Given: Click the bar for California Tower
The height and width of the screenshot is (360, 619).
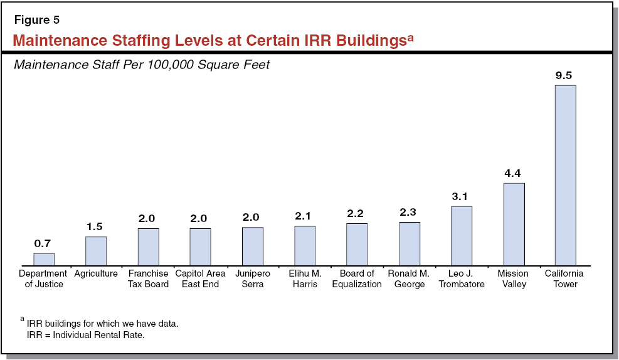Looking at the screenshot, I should point(565,175).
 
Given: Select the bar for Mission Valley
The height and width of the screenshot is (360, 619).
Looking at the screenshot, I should point(514,224).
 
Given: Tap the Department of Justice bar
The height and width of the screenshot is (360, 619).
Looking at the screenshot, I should point(44,259).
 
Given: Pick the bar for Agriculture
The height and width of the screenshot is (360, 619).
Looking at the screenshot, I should point(96,251).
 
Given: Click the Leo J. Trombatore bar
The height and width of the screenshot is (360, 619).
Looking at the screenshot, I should point(461,236).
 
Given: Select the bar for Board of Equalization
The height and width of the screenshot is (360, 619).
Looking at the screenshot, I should point(357,244).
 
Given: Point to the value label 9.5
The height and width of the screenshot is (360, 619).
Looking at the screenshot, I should point(564,75).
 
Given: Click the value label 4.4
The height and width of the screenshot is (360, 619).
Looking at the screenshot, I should point(513,173).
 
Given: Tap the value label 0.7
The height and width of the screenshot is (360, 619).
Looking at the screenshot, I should point(43,243).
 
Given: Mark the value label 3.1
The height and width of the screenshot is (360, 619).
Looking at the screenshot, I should point(460,196).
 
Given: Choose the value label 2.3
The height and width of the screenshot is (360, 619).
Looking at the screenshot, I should point(409,213).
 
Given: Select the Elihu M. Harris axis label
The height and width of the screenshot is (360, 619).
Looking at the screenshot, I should point(305,278).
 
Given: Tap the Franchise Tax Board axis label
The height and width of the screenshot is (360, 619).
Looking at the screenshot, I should point(148,278).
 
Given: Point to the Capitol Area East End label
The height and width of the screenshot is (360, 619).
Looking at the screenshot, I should point(200,278).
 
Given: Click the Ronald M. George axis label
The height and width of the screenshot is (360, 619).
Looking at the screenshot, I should point(409,278).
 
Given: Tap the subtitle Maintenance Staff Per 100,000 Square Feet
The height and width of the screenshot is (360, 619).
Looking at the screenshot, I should point(141,65).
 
